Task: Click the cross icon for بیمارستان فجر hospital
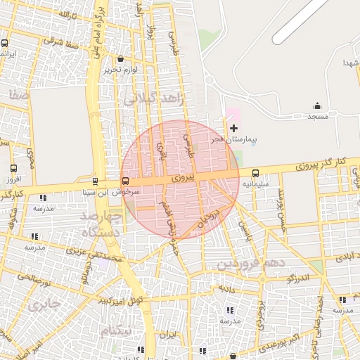233,128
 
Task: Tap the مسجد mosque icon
317,106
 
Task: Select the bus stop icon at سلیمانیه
255,173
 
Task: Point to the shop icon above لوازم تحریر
121,60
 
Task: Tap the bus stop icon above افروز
13,168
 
